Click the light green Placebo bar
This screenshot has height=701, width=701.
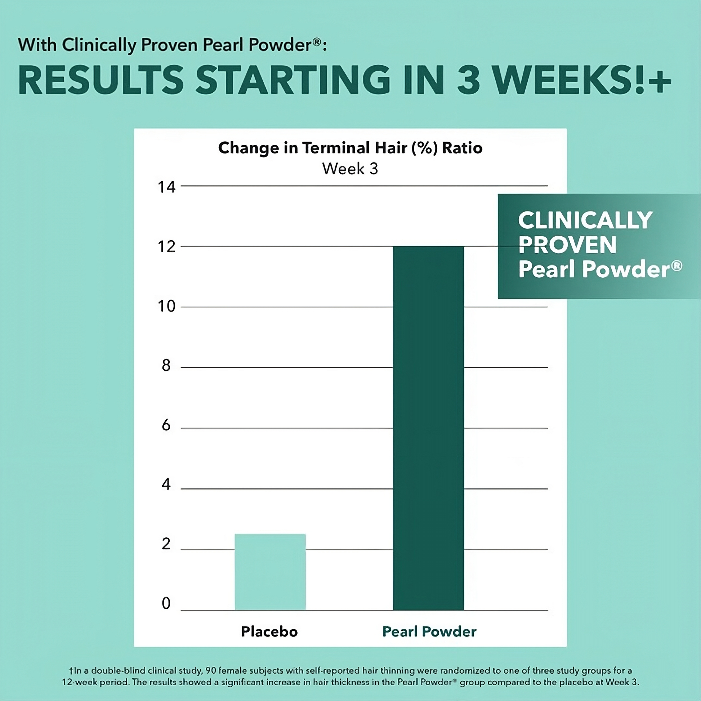270,572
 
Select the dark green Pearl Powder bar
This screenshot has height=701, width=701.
428,428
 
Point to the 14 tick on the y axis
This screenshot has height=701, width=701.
166,187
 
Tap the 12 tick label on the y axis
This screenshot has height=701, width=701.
166,247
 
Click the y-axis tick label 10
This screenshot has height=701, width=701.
166,307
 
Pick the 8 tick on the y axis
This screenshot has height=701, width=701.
166,366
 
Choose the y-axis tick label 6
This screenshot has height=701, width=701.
166,425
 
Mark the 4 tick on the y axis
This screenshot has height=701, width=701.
166,485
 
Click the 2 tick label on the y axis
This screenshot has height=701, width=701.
166,544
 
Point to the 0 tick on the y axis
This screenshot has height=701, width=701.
166,603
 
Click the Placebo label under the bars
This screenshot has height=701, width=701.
269,632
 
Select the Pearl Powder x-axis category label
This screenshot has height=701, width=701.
429,632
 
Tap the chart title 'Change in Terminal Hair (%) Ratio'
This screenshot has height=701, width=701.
350,148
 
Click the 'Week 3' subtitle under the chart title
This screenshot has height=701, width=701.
350,169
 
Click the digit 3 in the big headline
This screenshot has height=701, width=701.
468,80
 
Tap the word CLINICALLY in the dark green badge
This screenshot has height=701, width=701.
585,220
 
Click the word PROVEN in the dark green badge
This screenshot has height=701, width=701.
567,245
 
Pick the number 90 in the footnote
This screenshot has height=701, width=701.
211,670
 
